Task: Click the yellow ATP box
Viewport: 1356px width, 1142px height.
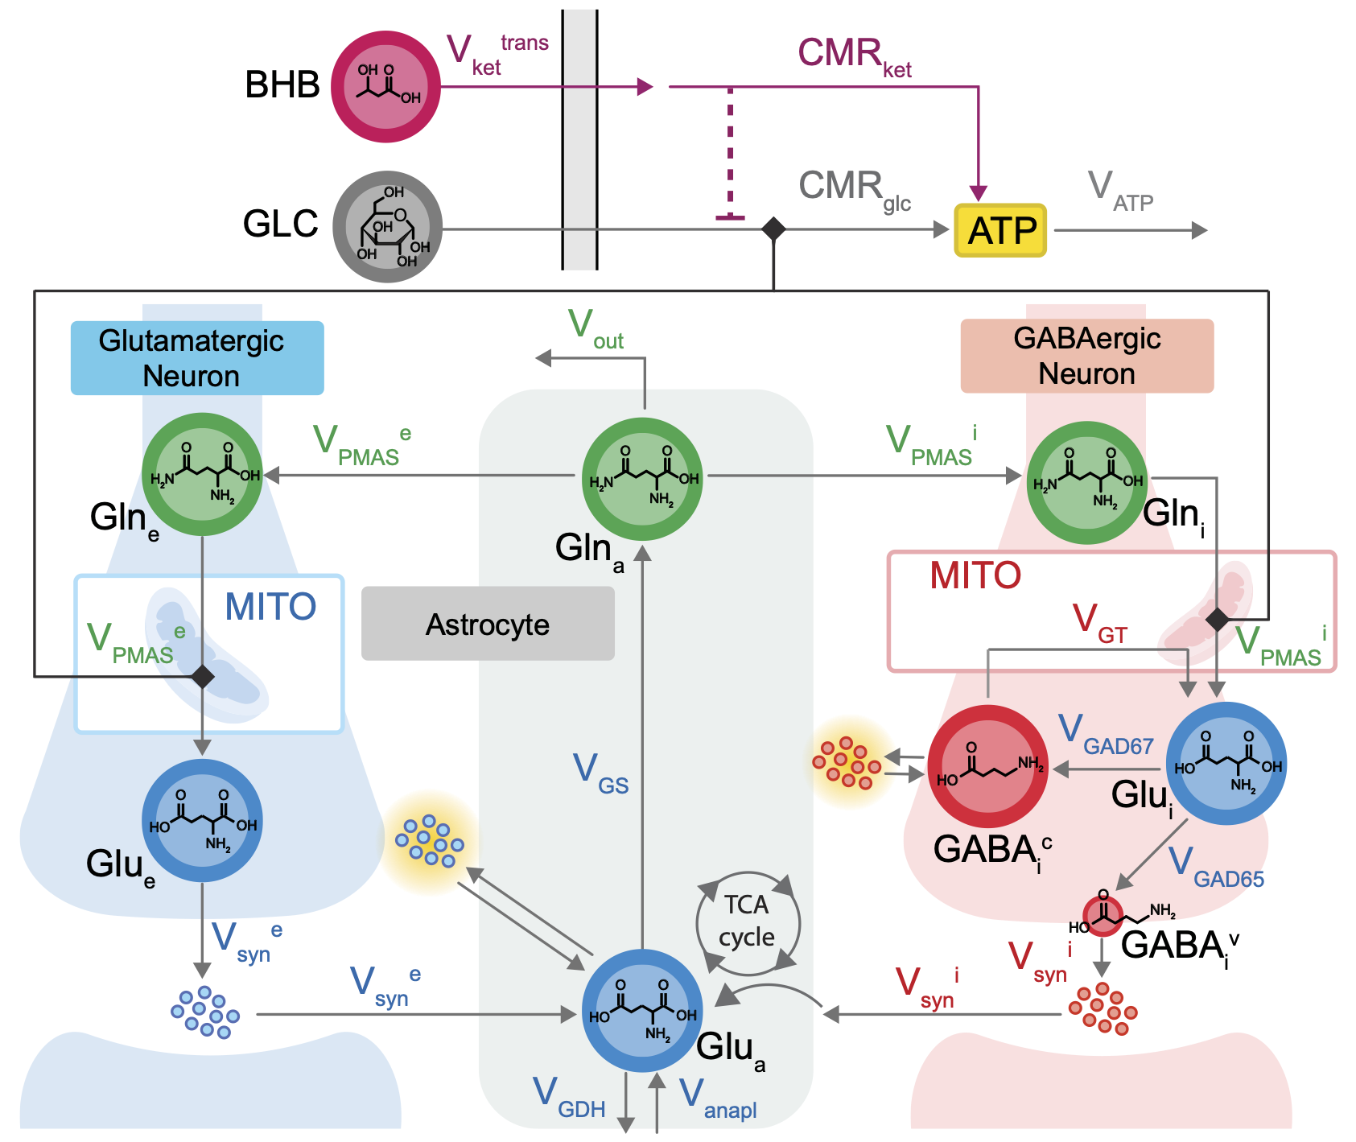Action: click(999, 230)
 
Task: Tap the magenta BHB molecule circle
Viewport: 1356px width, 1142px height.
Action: click(386, 87)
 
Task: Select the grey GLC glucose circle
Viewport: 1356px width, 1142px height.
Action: click(388, 227)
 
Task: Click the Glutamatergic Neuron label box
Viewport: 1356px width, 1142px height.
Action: click(197, 358)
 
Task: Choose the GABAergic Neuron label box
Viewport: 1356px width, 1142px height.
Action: click(1086, 356)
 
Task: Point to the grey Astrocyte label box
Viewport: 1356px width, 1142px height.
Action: click(488, 624)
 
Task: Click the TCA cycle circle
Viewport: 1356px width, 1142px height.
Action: click(748, 922)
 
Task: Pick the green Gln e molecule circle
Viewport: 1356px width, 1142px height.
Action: click(202, 475)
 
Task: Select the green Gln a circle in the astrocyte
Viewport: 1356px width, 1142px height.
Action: click(642, 479)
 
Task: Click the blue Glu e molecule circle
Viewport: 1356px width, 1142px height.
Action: click(202, 821)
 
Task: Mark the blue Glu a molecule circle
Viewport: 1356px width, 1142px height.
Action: click(642, 1011)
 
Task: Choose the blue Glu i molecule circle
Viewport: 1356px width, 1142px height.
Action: click(1226, 763)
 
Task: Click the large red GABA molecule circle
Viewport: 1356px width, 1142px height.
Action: click(988, 766)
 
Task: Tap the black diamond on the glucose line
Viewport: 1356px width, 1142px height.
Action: click(773, 229)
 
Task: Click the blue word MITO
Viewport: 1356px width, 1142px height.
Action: click(270, 607)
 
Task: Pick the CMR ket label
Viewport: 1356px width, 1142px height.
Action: click(854, 56)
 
